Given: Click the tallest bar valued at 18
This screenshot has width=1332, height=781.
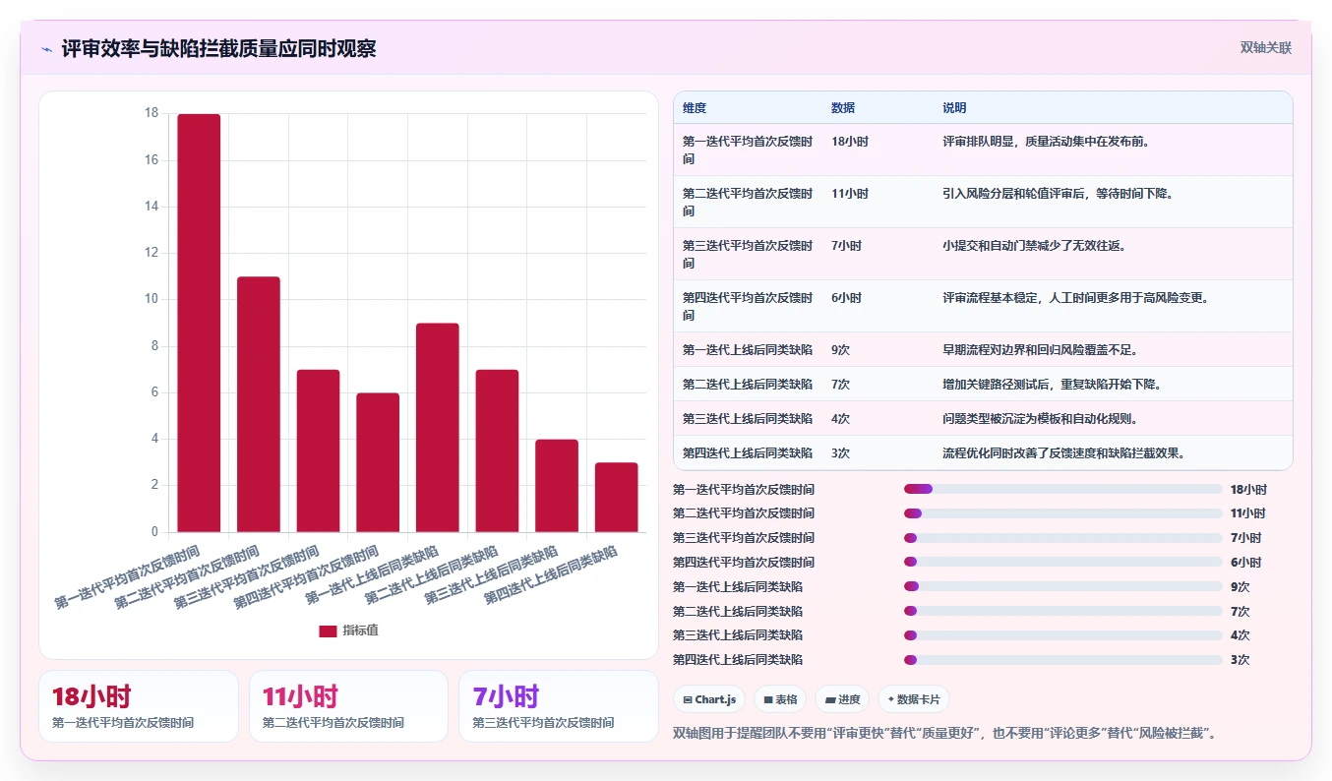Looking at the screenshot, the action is [x=199, y=323].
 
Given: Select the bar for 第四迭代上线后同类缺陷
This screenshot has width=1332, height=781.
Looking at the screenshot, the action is [x=616, y=497].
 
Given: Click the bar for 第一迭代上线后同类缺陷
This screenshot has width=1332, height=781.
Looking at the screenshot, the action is [x=437, y=427].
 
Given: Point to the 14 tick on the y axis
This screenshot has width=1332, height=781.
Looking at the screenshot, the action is [x=151, y=207].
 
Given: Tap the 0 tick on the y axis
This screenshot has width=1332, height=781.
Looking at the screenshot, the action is [x=154, y=531].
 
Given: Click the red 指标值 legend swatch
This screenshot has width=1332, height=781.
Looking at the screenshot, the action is [x=328, y=631].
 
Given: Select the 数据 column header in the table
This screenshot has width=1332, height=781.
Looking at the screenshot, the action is [x=843, y=107].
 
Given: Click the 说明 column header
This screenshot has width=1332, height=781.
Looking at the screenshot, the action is [x=954, y=107].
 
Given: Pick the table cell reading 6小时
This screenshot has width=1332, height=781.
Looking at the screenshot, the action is [x=846, y=298].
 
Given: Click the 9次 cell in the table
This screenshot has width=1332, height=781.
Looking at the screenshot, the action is [x=840, y=350].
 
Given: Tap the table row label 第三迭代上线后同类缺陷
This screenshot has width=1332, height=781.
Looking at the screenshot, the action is [x=747, y=418].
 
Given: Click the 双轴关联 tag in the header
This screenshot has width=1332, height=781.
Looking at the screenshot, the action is [x=1265, y=48].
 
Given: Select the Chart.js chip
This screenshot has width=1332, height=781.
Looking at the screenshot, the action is [x=709, y=699].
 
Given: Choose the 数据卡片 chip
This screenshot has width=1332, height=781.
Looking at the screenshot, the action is [x=913, y=699].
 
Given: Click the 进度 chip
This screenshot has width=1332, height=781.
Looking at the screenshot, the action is [x=842, y=699].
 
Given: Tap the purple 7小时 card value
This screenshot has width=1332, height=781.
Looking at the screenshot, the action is [x=506, y=696].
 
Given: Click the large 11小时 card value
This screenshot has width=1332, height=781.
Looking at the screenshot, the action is [x=300, y=696].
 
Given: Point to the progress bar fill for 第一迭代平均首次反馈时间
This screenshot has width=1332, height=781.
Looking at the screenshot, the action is [x=918, y=489].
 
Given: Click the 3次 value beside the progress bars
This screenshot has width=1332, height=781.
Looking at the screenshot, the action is [x=1240, y=660].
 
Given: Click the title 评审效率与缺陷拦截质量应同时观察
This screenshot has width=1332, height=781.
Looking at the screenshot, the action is [x=218, y=49].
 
